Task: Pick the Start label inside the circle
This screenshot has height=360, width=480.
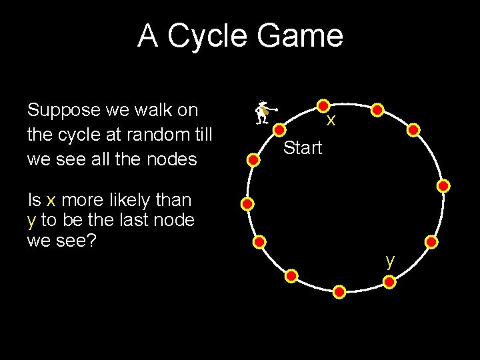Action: [303, 148]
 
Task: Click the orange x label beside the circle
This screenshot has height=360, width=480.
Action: [330, 121]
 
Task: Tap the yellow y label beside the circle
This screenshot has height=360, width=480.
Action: [390, 261]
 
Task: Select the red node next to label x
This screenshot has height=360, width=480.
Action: [323, 106]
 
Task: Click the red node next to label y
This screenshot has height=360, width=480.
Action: [390, 283]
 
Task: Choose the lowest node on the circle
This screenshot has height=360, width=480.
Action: [339, 292]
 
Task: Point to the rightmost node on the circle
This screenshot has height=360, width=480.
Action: [444, 186]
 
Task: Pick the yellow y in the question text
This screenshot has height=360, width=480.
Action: [31, 221]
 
